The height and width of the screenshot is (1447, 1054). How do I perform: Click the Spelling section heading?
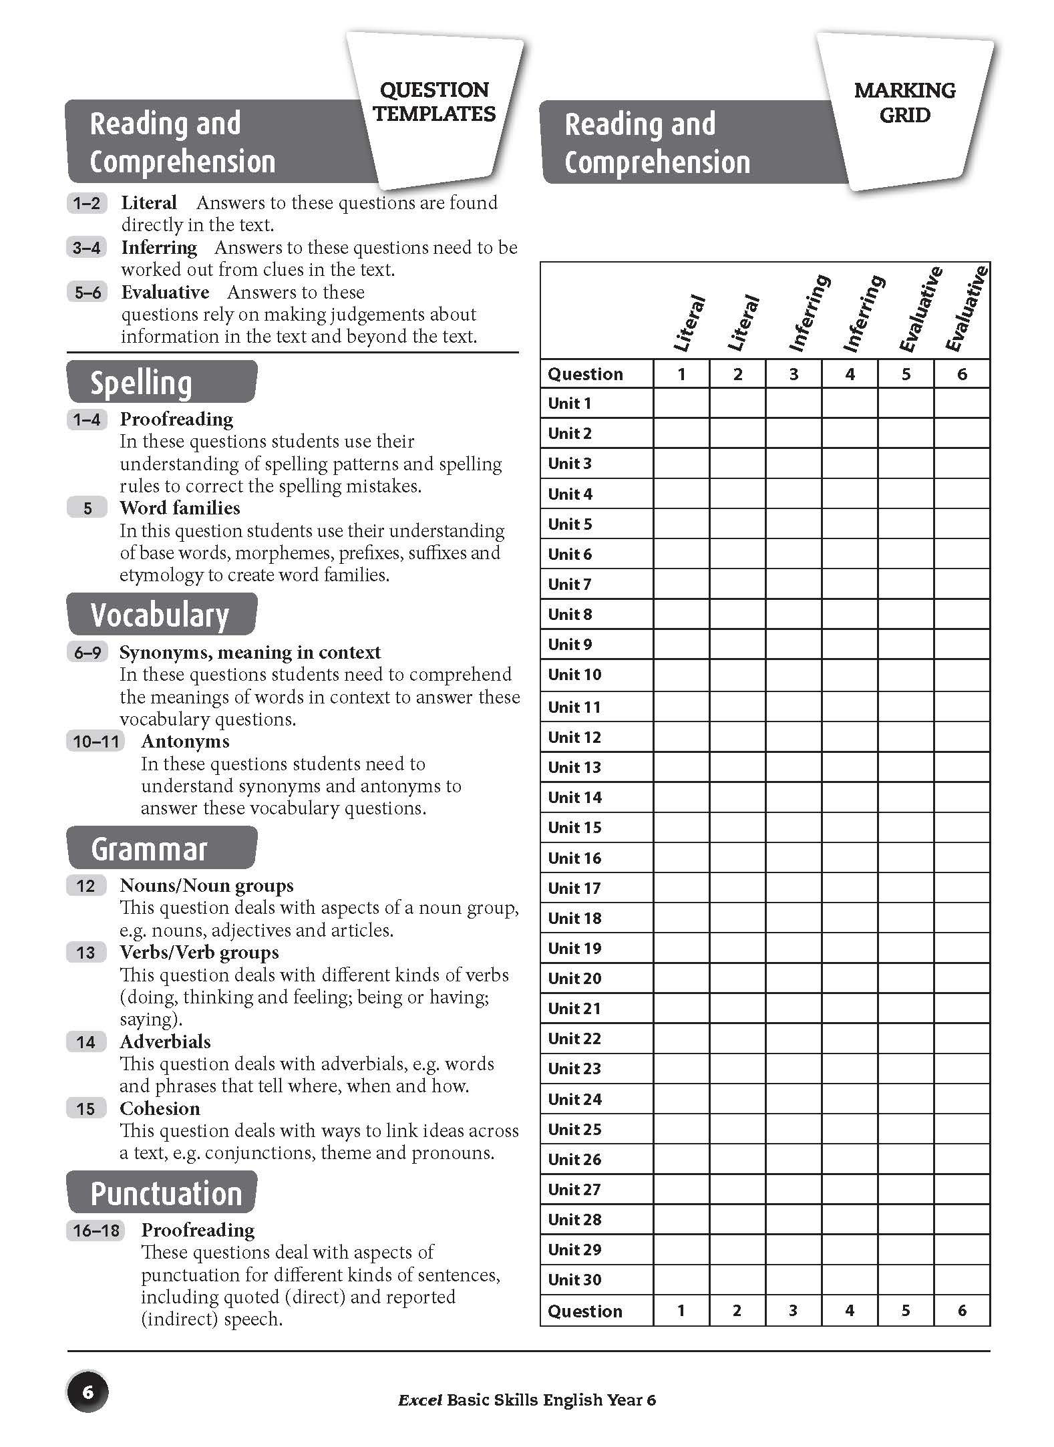(141, 383)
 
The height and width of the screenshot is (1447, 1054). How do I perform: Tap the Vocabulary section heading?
(160, 615)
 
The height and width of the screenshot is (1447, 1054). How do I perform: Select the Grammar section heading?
(149, 848)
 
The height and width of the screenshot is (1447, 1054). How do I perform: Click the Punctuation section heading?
(166, 1193)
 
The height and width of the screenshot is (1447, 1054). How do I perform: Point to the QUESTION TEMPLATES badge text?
(434, 102)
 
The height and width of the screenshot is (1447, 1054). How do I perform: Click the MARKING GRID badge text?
(904, 102)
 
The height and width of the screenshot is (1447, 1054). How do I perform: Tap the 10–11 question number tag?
(96, 742)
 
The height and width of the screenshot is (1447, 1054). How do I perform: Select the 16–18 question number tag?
(96, 1230)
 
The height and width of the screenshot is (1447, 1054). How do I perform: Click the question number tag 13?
(85, 953)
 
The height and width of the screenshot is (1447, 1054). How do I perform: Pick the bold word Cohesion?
(160, 1108)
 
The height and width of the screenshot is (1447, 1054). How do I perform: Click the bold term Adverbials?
(165, 1041)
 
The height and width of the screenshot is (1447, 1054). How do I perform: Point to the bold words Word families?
(180, 508)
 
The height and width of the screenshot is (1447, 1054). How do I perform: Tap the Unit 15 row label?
(574, 828)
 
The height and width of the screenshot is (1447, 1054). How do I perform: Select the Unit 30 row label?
(574, 1279)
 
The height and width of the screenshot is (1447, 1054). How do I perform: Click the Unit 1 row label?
(569, 404)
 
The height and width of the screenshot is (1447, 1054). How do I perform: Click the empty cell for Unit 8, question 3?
(794, 614)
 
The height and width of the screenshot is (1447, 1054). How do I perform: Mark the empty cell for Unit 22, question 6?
(962, 1038)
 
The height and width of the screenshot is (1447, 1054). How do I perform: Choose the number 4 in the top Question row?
(850, 374)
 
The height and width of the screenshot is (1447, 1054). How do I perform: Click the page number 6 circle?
(87, 1392)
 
